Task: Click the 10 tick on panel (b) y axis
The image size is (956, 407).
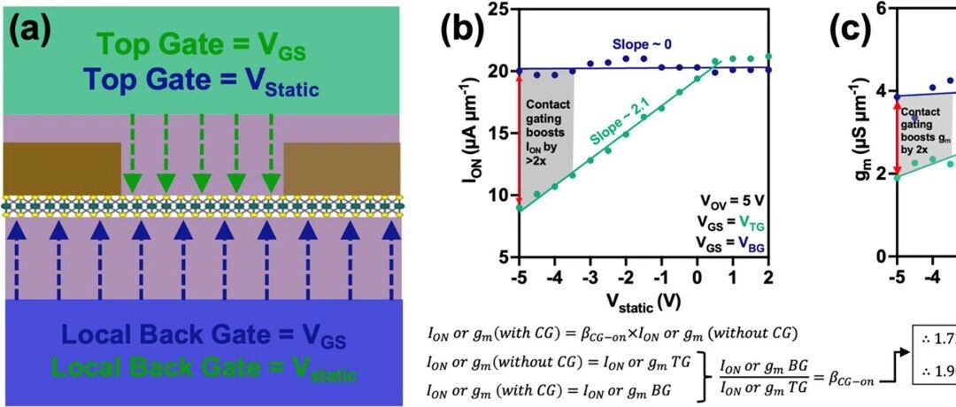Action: click(500, 196)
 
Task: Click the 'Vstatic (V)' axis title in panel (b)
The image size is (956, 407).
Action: click(644, 302)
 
